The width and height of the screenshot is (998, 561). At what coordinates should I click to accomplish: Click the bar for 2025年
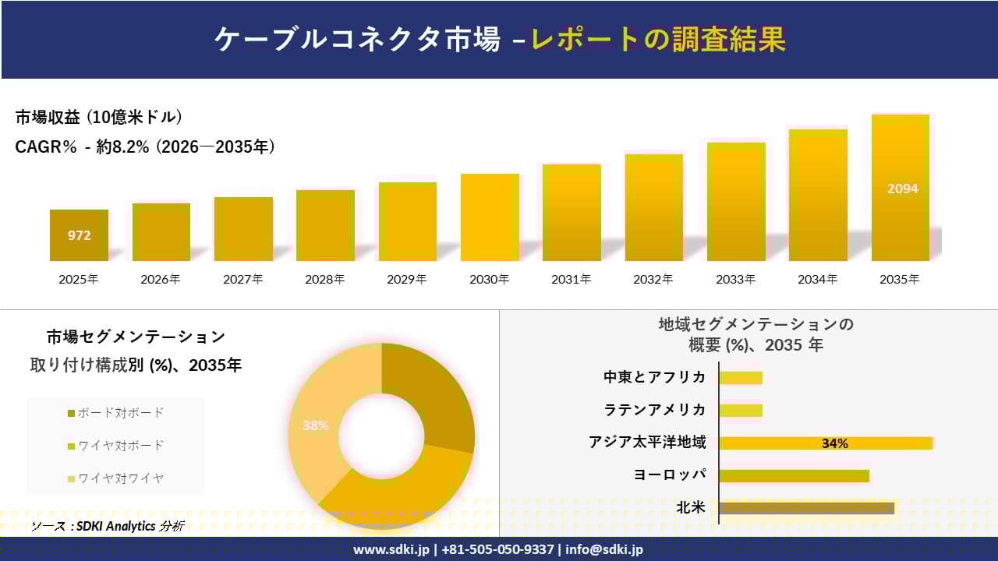[79, 235]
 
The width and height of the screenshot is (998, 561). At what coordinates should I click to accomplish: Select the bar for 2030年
[489, 217]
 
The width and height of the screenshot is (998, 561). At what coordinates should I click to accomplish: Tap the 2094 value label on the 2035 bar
[902, 189]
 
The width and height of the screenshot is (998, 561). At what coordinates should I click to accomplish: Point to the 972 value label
[79, 235]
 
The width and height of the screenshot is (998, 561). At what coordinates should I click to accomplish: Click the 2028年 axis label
[324, 279]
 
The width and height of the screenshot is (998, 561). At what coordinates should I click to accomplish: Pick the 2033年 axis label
[736, 279]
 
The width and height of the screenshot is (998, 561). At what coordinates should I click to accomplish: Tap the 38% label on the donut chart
[316, 426]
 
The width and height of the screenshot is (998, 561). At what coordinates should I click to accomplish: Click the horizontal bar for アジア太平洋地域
[825, 443]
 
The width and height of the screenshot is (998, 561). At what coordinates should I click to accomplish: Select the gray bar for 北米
[806, 508]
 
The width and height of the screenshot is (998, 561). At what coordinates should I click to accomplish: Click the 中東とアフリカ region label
[654, 377]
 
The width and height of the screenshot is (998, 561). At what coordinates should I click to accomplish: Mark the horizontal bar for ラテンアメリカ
[741, 411]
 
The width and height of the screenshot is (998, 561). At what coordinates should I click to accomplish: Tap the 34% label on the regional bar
[834, 443]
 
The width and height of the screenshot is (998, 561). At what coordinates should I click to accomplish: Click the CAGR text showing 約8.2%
[145, 147]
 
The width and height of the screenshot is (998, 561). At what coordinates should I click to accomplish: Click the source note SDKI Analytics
[107, 527]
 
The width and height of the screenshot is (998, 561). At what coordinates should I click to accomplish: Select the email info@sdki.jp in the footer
[604, 549]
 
